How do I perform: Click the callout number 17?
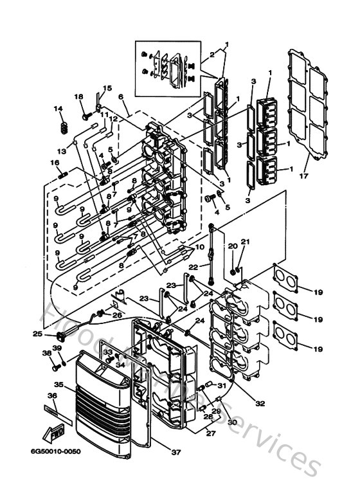304,175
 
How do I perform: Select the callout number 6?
120,96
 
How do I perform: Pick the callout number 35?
59,384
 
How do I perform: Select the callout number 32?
259,404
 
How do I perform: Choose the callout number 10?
200,246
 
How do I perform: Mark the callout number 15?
107,88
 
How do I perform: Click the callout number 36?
51,396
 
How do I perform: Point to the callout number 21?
244,242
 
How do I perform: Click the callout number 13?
62,151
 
